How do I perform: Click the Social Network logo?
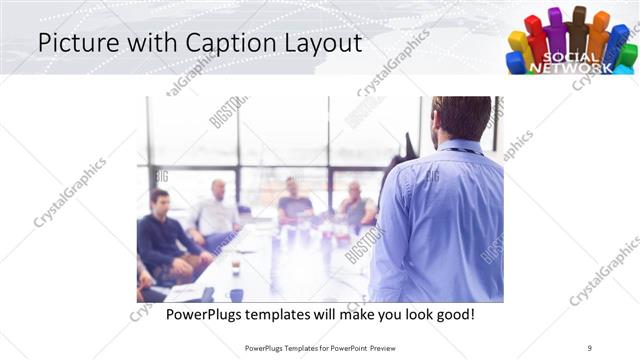pyautogui.click(x=571, y=40)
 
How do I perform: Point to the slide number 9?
pyautogui.click(x=590, y=347)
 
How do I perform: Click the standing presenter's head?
pyautogui.click(x=462, y=118)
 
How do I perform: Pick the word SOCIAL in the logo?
pyautogui.click(x=569, y=57)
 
